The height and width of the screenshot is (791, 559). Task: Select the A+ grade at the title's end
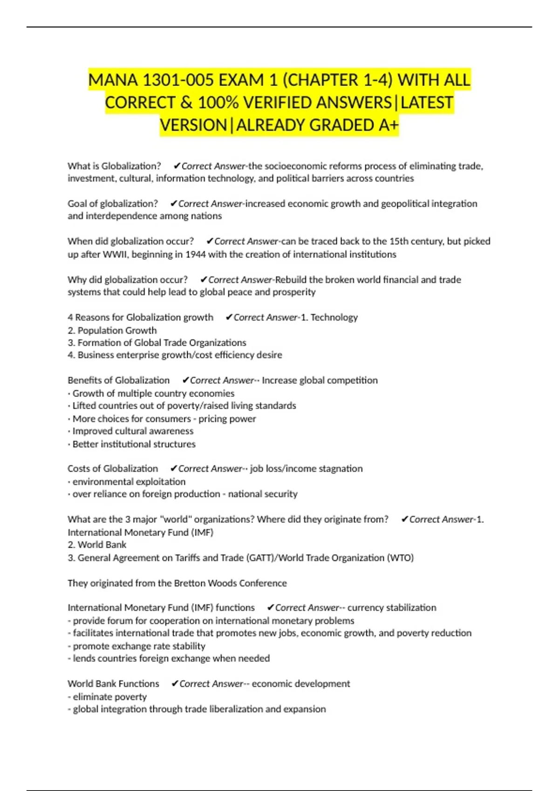click(x=389, y=125)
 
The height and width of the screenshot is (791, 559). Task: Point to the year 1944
click(x=196, y=255)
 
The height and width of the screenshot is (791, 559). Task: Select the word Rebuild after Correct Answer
click(x=291, y=280)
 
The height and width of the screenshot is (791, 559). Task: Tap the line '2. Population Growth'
click(x=112, y=330)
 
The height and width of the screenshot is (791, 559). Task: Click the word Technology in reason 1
click(x=334, y=317)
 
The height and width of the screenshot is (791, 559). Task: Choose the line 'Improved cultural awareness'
click(x=133, y=431)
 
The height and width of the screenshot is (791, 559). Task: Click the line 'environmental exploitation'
click(x=129, y=482)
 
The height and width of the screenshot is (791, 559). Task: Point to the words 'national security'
click(x=263, y=494)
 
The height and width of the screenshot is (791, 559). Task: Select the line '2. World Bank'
click(x=97, y=545)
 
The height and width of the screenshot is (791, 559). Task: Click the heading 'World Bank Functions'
click(x=113, y=684)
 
